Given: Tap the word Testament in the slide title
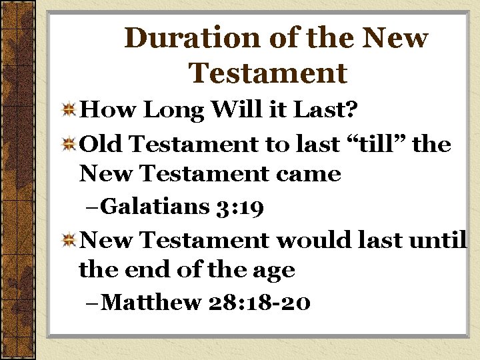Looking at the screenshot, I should (268, 73).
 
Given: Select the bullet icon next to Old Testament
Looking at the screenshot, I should (69, 145).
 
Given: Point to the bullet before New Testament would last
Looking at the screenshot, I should (69, 239).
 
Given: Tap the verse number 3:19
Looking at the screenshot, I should (243, 207).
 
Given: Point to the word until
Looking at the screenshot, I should (439, 239).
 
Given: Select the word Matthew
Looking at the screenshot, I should (153, 303).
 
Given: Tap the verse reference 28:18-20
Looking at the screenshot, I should (259, 303).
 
